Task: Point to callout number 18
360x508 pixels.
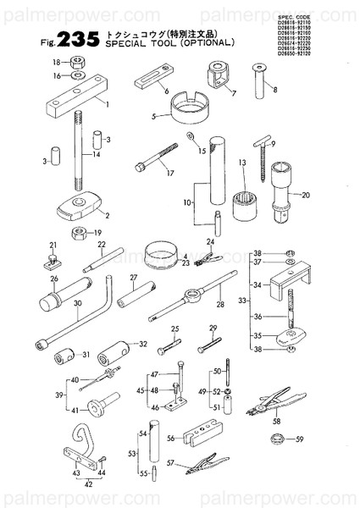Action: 57,62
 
